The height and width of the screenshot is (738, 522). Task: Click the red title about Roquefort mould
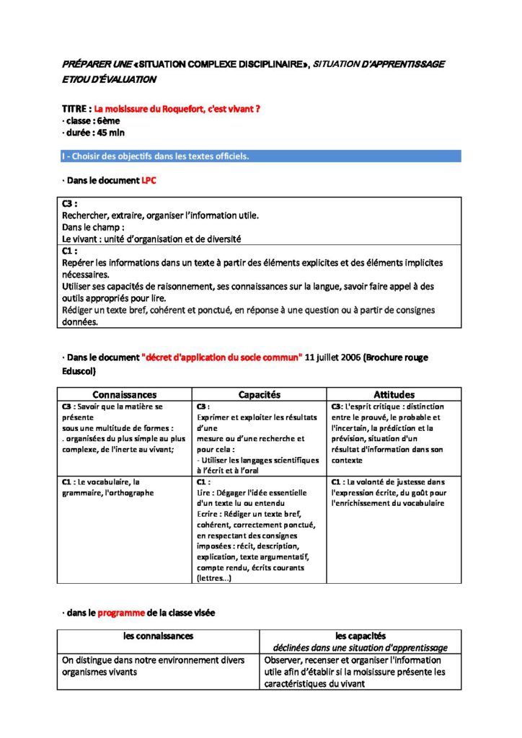point(177,109)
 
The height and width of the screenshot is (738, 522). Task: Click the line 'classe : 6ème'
point(91,120)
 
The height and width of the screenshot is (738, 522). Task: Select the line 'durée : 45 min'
point(94,133)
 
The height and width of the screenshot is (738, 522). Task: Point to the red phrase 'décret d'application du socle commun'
point(222,357)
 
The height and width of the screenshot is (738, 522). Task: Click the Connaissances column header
point(124,395)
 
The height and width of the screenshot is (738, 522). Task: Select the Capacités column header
point(259,395)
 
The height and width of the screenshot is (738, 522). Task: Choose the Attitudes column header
point(394,395)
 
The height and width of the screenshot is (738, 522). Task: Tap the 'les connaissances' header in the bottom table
point(158,636)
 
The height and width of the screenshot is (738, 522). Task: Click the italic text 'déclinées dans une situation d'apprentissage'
point(360,648)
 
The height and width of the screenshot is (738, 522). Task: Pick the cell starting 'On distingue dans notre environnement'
point(153,666)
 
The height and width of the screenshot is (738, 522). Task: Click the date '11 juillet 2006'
point(333,357)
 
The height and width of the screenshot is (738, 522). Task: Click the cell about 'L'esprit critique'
point(393,433)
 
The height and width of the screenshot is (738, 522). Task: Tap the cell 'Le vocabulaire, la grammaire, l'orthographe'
point(108,487)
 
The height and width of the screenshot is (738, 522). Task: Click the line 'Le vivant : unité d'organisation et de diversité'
point(151,239)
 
